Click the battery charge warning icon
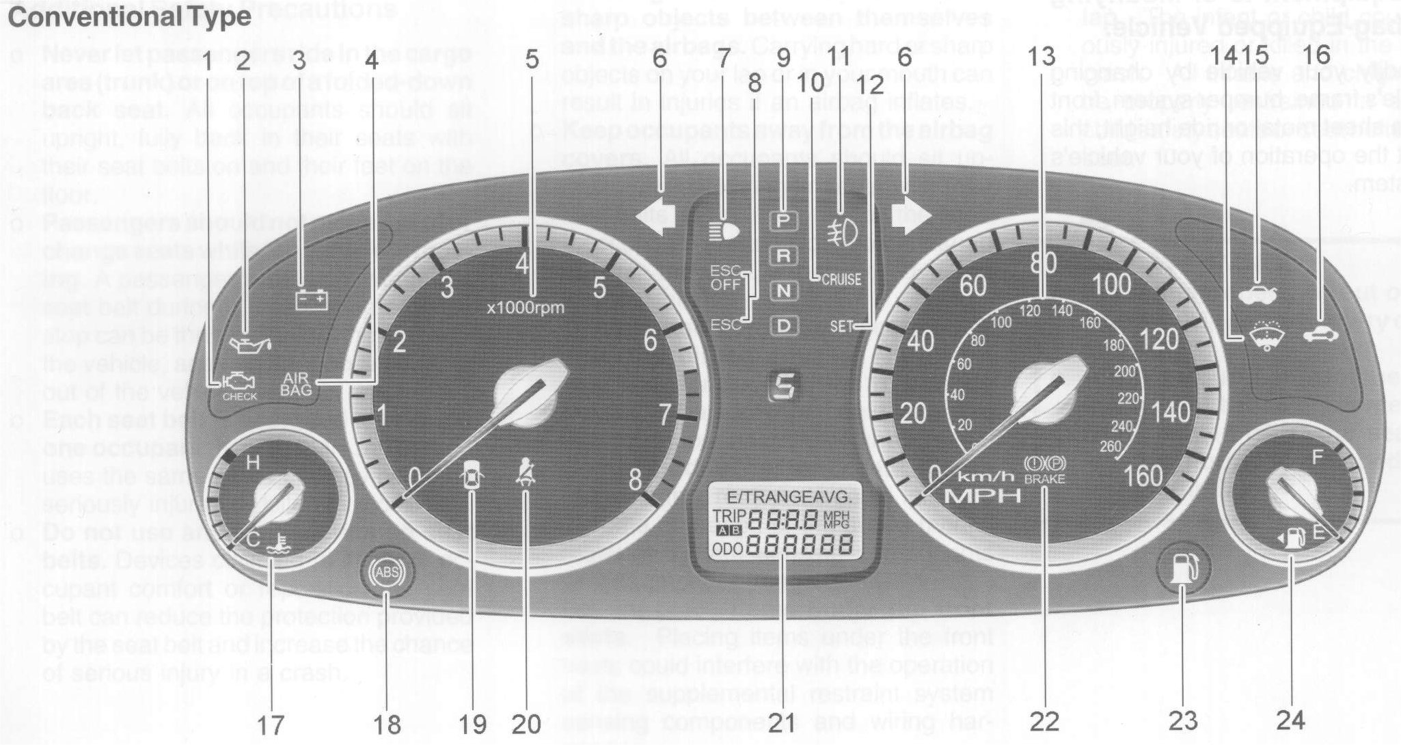312,299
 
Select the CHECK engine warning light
239,388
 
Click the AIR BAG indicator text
296,384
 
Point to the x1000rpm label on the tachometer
526,308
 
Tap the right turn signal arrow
911,217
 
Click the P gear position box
784,220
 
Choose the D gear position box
784,326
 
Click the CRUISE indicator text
841,280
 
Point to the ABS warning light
387,570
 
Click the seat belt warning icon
525,473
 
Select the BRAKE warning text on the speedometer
1044,479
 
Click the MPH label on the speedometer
983,496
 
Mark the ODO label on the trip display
728,549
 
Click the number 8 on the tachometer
635,480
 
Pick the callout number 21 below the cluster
781,721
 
